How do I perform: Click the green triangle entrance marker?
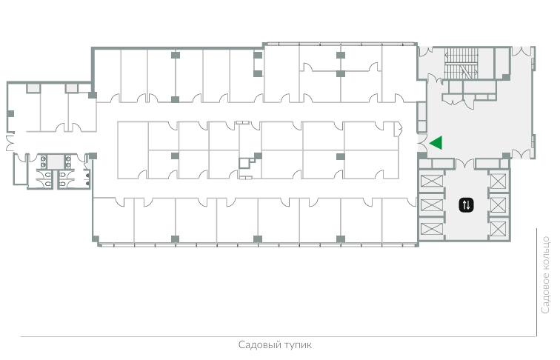[x=437, y=142]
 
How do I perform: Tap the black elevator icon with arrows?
[x=466, y=205]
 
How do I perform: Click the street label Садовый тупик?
[x=275, y=345]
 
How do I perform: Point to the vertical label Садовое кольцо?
[x=545, y=275]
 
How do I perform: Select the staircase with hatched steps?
[x=461, y=64]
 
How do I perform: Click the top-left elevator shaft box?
[x=432, y=181]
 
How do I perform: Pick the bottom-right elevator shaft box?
[x=499, y=229]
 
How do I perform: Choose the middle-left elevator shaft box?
[x=432, y=205]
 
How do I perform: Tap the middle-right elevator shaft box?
[x=499, y=205]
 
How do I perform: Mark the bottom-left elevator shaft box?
[x=432, y=229]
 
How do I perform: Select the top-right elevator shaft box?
[x=499, y=181]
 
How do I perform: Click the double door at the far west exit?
[x=10, y=143]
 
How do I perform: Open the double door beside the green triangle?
[x=422, y=143]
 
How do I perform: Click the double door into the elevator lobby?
[x=464, y=164]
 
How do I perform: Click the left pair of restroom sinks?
[x=43, y=161]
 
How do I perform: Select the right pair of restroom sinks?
[x=67, y=161]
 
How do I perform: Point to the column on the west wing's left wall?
[x=10, y=114]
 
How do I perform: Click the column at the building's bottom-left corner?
[x=96, y=239]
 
